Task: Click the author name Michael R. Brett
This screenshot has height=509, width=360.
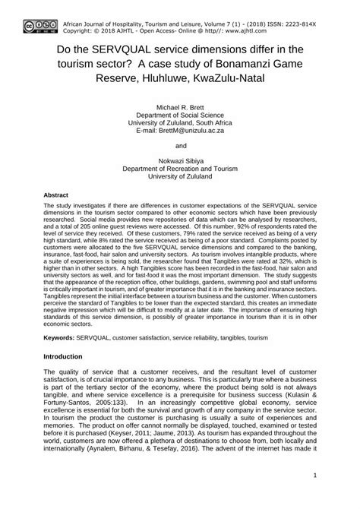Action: (180, 109)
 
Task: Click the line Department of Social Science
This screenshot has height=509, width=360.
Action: (180, 118)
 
